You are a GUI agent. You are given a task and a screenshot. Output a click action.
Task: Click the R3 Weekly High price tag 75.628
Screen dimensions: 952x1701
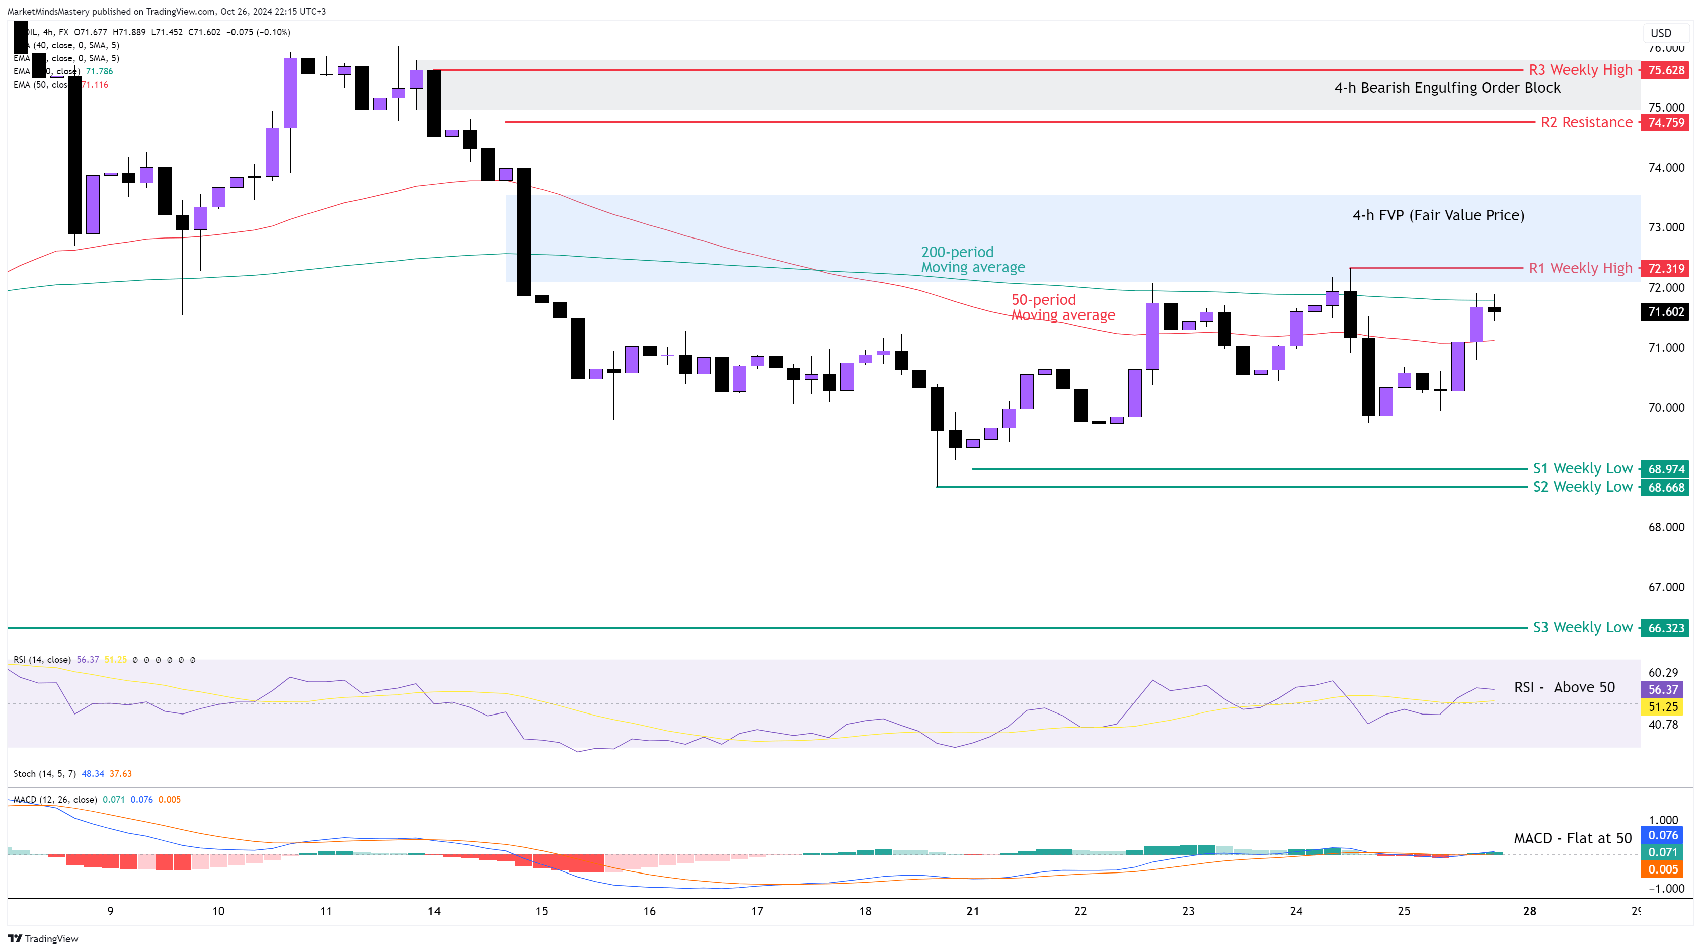[1665, 70]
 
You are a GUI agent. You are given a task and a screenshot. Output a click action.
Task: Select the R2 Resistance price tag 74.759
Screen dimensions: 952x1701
[1665, 122]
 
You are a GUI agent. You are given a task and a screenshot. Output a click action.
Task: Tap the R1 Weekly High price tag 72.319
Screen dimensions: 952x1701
[1665, 268]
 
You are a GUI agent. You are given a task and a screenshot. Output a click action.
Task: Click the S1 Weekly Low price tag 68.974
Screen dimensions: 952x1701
[1665, 469]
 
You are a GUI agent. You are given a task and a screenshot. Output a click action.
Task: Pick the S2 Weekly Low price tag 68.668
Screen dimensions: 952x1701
[1665, 487]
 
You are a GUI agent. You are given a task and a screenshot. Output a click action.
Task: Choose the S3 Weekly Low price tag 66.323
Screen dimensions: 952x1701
[1665, 628]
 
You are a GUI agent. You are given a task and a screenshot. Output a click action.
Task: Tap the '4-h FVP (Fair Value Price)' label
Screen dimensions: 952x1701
[1438, 215]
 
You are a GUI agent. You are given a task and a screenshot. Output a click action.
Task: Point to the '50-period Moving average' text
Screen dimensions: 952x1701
[1062, 307]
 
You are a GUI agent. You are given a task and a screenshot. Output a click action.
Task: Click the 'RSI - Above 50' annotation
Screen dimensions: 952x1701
[1564, 687]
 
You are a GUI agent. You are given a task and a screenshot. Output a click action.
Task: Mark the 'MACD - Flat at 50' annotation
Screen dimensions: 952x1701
[1572, 838]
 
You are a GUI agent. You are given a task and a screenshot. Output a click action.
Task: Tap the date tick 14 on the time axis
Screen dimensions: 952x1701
[434, 911]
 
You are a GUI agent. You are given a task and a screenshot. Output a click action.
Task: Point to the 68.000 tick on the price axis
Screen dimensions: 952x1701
[1665, 527]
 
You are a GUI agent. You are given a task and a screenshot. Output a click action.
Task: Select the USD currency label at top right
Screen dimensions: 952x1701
[1661, 33]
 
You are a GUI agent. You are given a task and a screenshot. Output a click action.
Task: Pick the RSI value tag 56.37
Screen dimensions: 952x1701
[1663, 689]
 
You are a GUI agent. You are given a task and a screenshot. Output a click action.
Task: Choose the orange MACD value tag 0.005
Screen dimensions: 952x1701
[1663, 869]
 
